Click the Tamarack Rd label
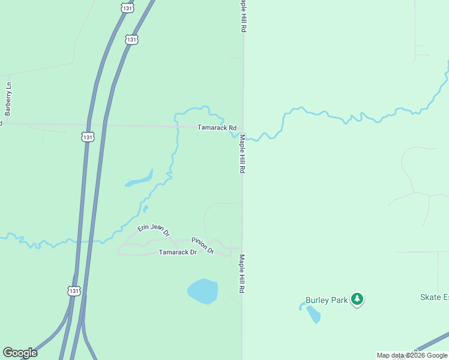[217, 128]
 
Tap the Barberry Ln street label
[8, 98]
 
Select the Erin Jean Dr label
[154, 229]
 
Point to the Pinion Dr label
[203, 245]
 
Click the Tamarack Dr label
[178, 253]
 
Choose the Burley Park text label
[327, 300]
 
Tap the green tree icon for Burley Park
[357, 299]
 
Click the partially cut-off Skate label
[433, 297]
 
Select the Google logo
[20, 353]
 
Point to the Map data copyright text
[412, 355]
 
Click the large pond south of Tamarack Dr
[202, 292]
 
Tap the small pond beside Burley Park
[313, 314]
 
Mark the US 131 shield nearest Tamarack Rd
[88, 137]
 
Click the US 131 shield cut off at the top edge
[127, 7]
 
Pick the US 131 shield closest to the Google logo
[73, 290]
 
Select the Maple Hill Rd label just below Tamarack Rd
[243, 154]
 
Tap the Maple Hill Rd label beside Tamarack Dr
[243, 274]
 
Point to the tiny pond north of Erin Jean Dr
[145, 209]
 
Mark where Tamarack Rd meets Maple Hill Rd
[243, 127]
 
